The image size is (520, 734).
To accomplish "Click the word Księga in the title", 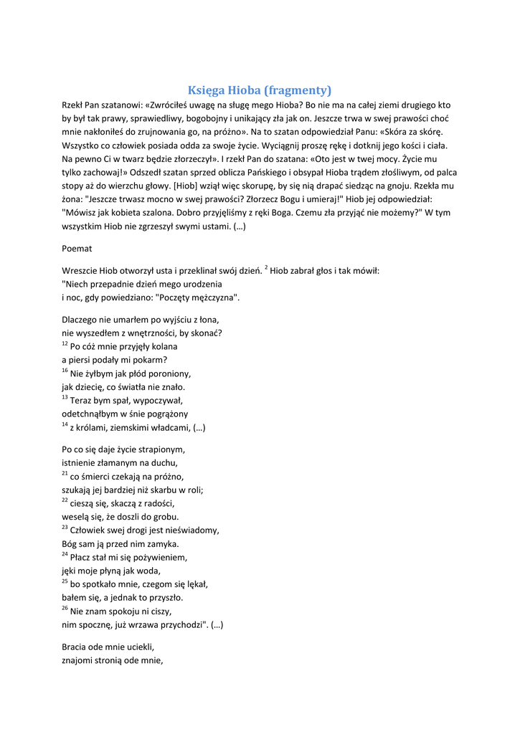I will (x=206, y=90).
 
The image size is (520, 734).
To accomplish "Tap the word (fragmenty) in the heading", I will (x=298, y=90).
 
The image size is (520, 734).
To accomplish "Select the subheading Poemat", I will (x=77, y=248).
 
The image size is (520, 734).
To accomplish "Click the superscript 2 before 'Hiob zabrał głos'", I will (x=266, y=268).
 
